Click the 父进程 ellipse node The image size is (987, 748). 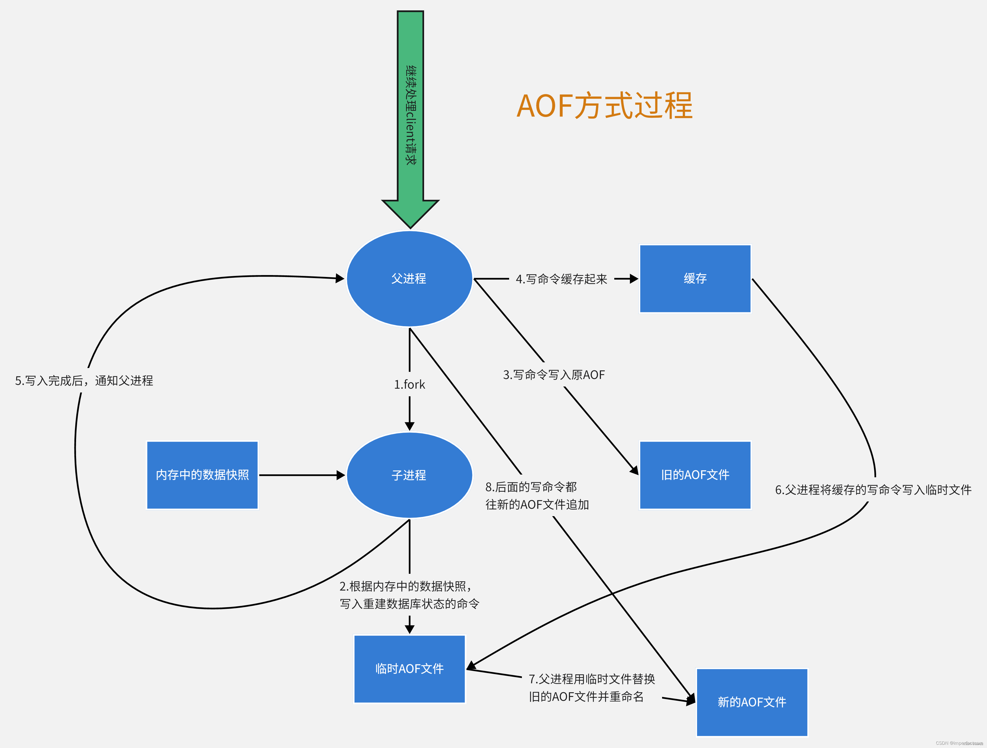(409, 279)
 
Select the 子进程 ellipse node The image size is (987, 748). (409, 475)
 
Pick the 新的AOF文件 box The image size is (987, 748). (751, 702)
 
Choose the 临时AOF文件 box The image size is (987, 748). (409, 669)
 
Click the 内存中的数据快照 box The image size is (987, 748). (202, 475)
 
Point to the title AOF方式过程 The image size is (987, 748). (604, 106)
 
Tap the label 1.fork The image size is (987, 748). (409, 385)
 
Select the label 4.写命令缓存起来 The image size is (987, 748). (561, 279)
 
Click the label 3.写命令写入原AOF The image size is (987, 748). (554, 375)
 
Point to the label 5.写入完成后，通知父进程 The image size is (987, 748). (84, 381)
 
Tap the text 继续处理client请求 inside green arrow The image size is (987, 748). (411, 115)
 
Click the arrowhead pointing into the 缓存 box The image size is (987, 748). (634, 279)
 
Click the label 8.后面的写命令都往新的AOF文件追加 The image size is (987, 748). (537, 495)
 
